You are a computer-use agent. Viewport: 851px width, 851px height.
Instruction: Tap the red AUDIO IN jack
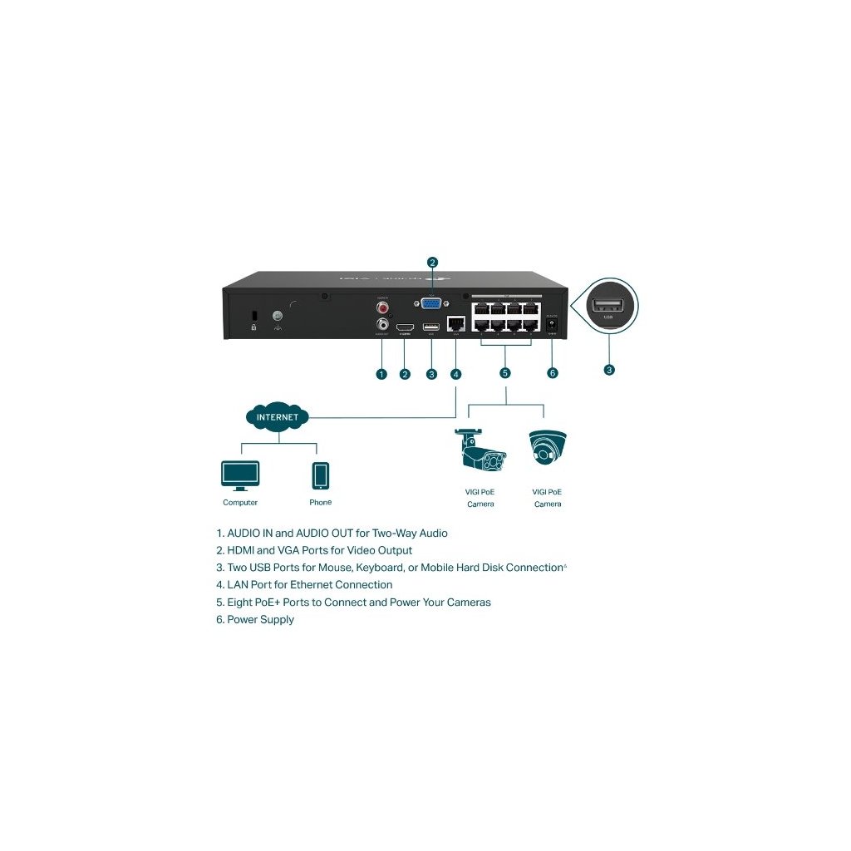pyautogui.click(x=383, y=307)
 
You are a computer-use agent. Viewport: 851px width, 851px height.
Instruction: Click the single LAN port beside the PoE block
pyautogui.click(x=455, y=324)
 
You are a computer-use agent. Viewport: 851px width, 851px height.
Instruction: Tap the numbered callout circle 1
pyautogui.click(x=381, y=374)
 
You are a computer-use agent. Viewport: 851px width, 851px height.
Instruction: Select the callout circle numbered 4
pyautogui.click(x=455, y=374)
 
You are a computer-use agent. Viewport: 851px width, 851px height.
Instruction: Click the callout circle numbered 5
pyautogui.click(x=505, y=373)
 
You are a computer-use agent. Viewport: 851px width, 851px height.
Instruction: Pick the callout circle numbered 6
pyautogui.click(x=553, y=373)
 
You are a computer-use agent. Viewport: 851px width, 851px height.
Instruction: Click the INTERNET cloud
pyautogui.click(x=278, y=416)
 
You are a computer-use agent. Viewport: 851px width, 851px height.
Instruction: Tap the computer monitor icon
pyautogui.click(x=240, y=475)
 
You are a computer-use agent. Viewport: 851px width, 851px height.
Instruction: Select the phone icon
pyautogui.click(x=320, y=476)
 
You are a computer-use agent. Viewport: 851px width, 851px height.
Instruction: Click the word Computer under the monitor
pyautogui.click(x=240, y=503)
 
